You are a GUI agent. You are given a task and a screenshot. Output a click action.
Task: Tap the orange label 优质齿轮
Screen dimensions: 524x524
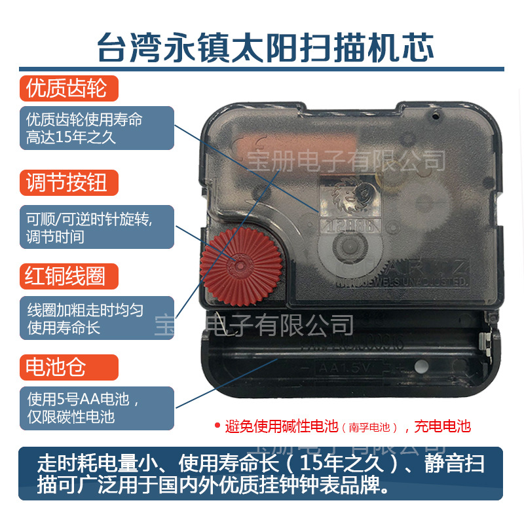coord(65,88)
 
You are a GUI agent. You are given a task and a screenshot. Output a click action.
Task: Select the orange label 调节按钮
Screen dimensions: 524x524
coord(65,183)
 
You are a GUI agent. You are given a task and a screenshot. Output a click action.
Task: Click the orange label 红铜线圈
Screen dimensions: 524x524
coord(65,276)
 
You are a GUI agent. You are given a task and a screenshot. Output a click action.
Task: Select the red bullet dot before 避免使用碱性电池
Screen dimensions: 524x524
coord(217,426)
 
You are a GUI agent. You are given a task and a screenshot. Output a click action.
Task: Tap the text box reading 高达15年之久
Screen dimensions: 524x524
coord(96,128)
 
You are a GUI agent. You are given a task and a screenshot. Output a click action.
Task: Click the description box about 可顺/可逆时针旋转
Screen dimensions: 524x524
coord(96,227)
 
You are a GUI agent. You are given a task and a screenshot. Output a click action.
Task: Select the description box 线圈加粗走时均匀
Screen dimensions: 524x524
coord(96,318)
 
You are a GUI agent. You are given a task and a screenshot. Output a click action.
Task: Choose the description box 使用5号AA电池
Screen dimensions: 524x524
coord(96,407)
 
